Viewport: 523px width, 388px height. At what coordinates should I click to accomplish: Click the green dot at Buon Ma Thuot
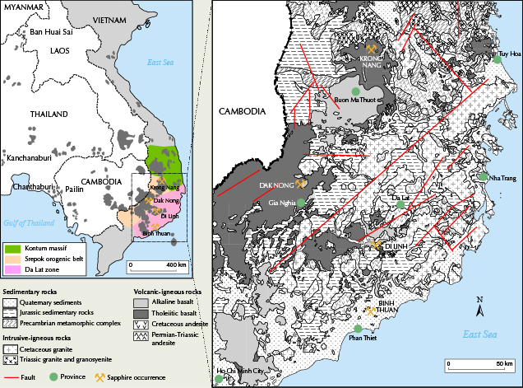354,91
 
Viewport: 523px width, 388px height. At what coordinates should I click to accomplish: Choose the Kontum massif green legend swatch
12,247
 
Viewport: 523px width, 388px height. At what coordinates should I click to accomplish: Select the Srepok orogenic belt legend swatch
12,257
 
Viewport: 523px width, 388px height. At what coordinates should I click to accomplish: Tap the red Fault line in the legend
10,377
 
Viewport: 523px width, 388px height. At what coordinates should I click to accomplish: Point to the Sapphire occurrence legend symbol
100,377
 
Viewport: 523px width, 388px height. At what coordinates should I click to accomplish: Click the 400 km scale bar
156,265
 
